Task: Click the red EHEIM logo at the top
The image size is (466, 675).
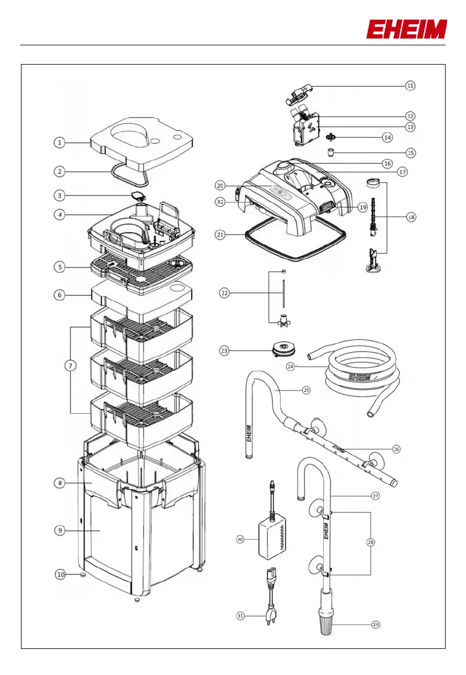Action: [406, 29]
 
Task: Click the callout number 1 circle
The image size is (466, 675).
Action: [60, 143]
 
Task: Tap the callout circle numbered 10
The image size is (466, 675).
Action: [60, 574]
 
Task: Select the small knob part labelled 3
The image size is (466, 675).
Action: [138, 196]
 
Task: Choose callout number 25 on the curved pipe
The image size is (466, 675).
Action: [307, 391]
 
